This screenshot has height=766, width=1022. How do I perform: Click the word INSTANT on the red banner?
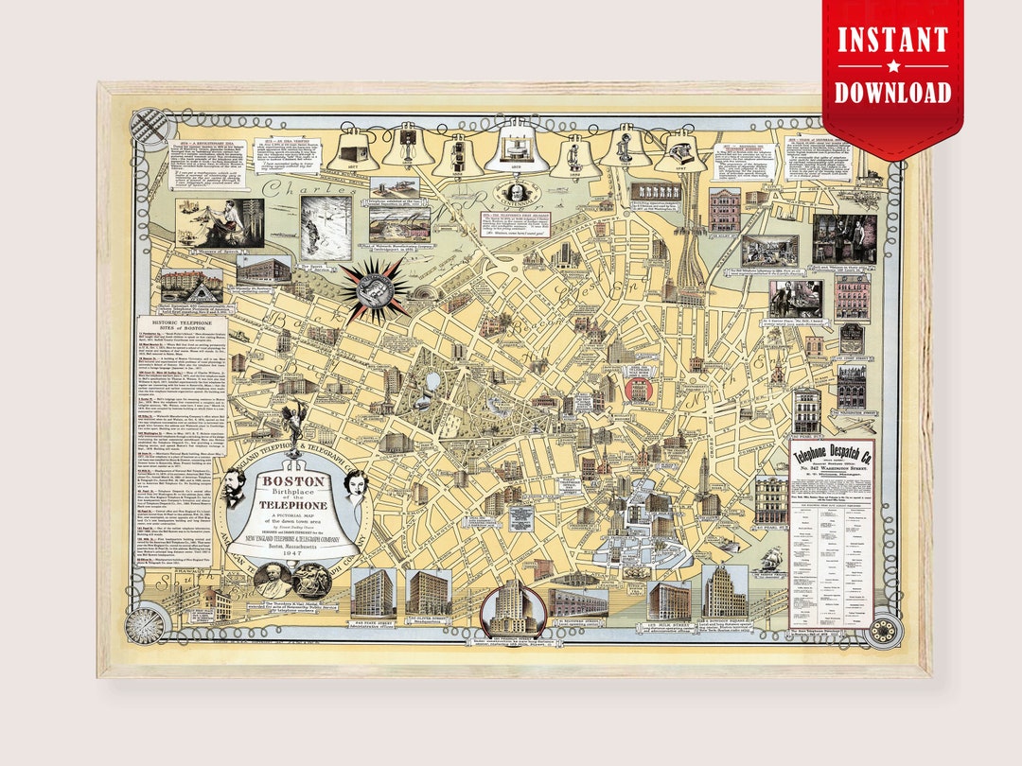click(892, 41)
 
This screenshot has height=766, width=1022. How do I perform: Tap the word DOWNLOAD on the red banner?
click(892, 91)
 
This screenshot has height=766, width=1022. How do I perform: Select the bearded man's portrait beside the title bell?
click(234, 488)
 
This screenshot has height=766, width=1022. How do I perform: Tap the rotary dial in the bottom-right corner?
click(884, 630)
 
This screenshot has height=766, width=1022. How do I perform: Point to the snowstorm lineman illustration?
click(326, 228)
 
